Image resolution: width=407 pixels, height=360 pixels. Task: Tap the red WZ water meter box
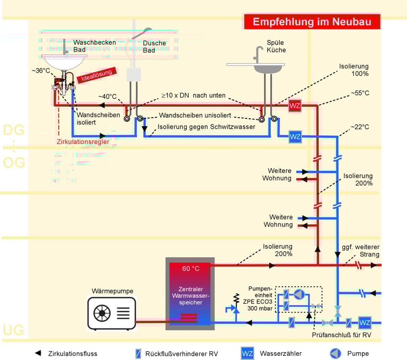295,106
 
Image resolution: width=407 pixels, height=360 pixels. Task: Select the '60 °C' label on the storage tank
191,268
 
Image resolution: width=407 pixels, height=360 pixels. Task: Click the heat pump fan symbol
102,313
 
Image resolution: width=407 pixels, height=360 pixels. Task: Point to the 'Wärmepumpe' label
112,291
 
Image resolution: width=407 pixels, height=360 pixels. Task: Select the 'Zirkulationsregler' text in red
83,142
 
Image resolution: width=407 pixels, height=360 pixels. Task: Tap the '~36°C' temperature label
42,71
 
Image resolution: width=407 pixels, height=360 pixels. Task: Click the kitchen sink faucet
258,53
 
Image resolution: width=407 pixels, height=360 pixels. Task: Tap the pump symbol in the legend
335,353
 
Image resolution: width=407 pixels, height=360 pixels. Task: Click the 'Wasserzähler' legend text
280,353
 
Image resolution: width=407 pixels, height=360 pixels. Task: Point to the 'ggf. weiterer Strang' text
360,251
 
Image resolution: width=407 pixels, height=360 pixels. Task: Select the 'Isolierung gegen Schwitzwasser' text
206,127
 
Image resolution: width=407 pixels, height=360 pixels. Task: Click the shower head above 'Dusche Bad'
139,34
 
